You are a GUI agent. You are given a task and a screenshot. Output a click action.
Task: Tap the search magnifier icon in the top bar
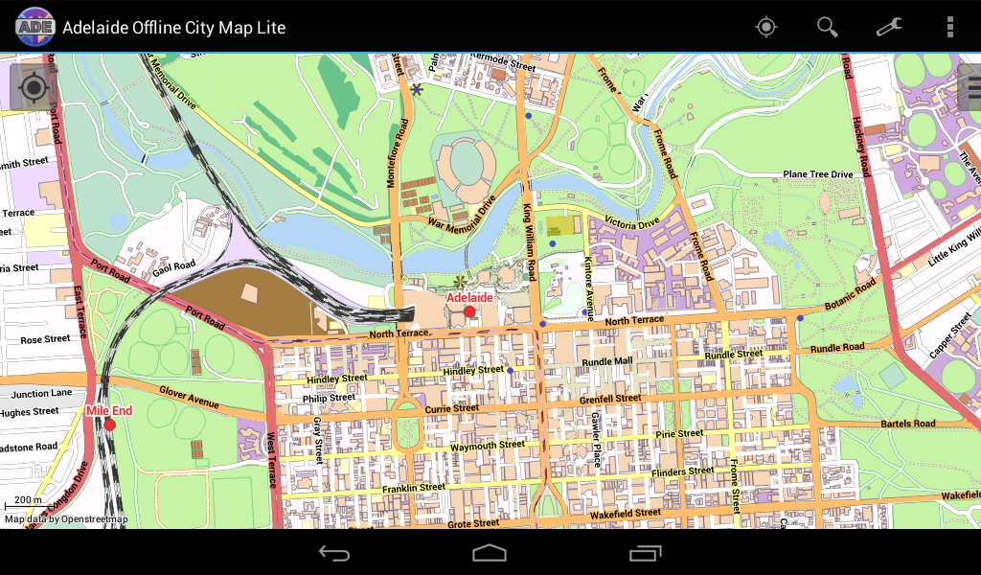pyautogui.click(x=828, y=27)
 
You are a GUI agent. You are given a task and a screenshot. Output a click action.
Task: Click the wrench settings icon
pyautogui.click(x=889, y=27)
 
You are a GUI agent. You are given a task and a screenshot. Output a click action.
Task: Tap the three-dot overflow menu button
pyautogui.click(x=949, y=27)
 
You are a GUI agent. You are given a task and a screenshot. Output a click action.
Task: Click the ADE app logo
pyautogui.click(x=34, y=27)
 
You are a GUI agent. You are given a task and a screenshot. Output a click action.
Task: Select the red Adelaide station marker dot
pyautogui.click(x=469, y=311)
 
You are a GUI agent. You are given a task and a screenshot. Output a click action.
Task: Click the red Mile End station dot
pyautogui.click(x=109, y=425)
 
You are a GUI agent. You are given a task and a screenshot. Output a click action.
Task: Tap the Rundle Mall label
pyautogui.click(x=607, y=361)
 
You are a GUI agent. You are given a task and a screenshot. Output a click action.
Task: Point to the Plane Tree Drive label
pyautogui.click(x=817, y=174)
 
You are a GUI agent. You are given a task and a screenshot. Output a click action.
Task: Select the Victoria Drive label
pyautogui.click(x=632, y=222)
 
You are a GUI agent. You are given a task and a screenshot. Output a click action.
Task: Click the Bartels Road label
pyautogui.click(x=909, y=424)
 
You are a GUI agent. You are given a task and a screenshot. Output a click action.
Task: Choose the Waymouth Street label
pyautogui.click(x=488, y=446)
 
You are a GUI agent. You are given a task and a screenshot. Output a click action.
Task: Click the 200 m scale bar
pyautogui.click(x=27, y=503)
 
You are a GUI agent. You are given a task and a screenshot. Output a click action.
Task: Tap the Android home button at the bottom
pyautogui.click(x=490, y=553)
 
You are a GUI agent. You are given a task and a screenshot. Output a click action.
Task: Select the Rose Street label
pyautogui.click(x=45, y=339)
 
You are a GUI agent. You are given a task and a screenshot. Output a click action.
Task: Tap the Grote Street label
pyautogui.click(x=473, y=524)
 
